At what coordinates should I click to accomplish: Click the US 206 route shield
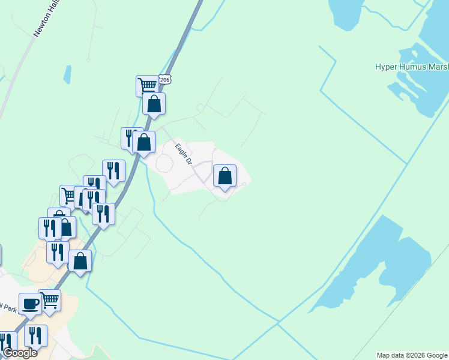coord(166,80)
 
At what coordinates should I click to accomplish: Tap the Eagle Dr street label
coord(183,154)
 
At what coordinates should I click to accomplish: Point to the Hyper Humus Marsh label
coord(412,67)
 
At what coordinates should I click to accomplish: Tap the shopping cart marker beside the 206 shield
coord(146,85)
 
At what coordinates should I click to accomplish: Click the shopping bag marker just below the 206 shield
coord(154,104)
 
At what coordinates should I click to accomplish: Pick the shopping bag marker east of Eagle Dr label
coord(224,176)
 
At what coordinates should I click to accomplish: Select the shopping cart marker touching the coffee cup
coord(50,299)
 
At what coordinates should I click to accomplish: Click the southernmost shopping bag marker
coord(80,261)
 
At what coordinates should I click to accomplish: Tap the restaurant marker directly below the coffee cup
coord(35,335)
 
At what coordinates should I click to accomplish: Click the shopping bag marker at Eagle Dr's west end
coord(144,142)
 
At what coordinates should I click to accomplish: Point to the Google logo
coord(19,353)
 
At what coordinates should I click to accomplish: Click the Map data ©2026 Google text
coord(412,355)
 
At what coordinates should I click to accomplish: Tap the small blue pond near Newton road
coord(67,74)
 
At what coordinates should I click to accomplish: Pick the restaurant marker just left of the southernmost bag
coord(57,253)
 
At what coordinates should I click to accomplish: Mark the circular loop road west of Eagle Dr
coord(164,163)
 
